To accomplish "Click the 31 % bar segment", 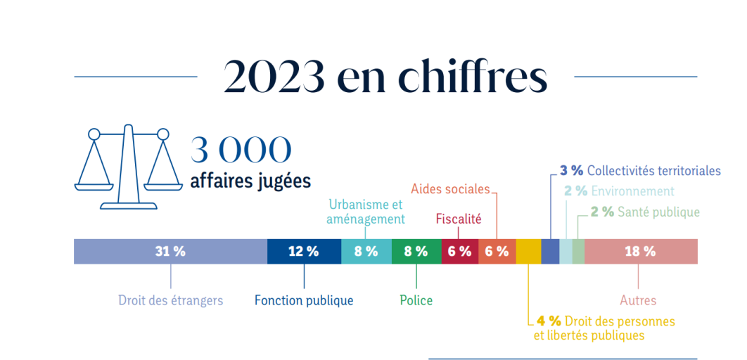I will tap(170, 251).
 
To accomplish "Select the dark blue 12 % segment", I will tap(304, 251).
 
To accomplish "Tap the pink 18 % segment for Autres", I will tap(640, 251).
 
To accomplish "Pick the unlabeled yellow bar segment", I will tap(528, 251).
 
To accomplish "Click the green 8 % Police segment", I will tap(416, 251).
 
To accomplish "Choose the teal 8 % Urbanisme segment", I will tap(366, 251).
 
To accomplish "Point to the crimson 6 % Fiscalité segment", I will tap(459, 251).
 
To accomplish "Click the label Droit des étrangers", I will tap(170, 300).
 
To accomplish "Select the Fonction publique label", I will tap(304, 300).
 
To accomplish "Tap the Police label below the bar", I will tap(416, 300).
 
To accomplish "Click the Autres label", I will tap(638, 300).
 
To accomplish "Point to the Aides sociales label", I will tap(450, 188).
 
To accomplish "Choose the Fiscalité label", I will tap(459, 219).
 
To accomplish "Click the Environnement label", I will tap(632, 191).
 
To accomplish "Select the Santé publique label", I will tap(658, 212).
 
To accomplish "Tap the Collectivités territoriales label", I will tap(653, 171).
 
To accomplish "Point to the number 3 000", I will tap(241, 150).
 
